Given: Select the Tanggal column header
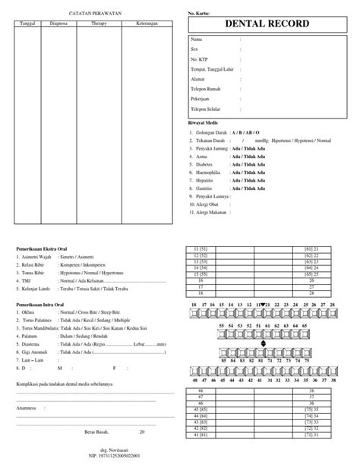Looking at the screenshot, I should click(28, 23).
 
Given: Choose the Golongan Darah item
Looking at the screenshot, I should click(209, 132).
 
